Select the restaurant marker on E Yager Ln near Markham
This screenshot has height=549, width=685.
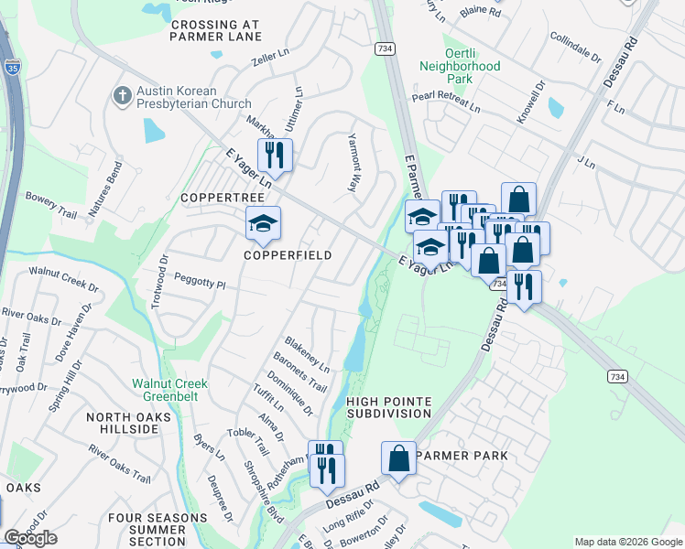click(x=275, y=155)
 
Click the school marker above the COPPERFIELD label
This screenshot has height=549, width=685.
click(x=263, y=224)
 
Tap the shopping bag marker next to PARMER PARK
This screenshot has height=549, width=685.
click(x=399, y=458)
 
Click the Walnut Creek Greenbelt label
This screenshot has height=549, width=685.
click(x=170, y=390)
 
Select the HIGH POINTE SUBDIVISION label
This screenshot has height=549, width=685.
click(x=388, y=406)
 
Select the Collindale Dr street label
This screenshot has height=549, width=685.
click(x=575, y=46)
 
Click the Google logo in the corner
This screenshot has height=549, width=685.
click(x=30, y=538)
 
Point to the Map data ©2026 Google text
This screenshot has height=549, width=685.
click(x=627, y=542)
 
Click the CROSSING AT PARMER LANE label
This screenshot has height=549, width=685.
click(x=216, y=29)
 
